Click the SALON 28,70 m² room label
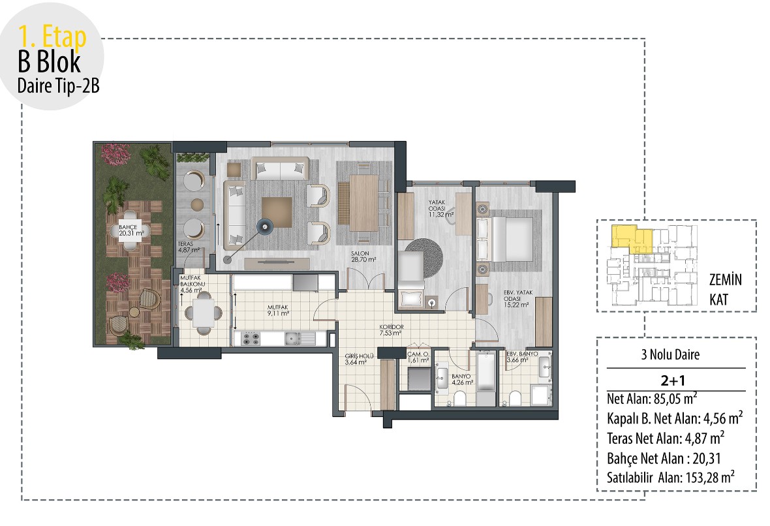363,256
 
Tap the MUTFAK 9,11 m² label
278,310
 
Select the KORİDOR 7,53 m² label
392,330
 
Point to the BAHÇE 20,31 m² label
131,230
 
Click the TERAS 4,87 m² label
189,247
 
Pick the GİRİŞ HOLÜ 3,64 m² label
359,359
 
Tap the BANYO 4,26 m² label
462,379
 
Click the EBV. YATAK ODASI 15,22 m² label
517,299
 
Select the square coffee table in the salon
277,212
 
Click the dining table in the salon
364,203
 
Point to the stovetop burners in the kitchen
251,339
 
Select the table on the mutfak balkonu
202,313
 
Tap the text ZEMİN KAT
725,289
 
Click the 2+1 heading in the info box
673,380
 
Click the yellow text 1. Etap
52,37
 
